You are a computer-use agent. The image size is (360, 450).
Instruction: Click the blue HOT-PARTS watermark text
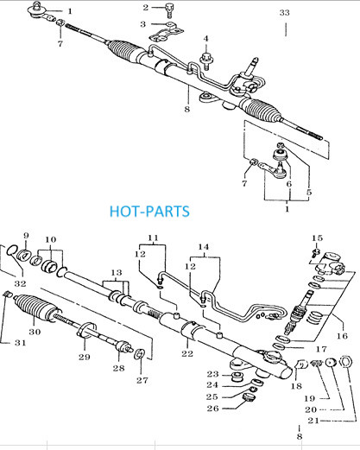pyautogui.click(x=149, y=212)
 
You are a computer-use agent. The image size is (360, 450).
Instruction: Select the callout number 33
pyautogui.click(x=284, y=13)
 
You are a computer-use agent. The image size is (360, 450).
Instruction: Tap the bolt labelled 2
pyautogui.click(x=169, y=10)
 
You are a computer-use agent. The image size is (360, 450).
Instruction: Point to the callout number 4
pyautogui.click(x=205, y=38)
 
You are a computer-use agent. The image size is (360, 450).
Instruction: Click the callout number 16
pyautogui.click(x=342, y=336)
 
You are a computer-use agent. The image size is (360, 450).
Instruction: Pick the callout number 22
pyautogui.click(x=187, y=353)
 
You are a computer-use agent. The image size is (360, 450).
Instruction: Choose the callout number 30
pyautogui.click(x=35, y=332)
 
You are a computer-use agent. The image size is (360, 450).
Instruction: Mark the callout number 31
pyautogui.click(x=21, y=343)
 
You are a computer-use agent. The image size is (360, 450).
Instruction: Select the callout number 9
pyautogui.click(x=26, y=236)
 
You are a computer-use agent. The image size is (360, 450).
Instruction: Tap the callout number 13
pyautogui.click(x=117, y=272)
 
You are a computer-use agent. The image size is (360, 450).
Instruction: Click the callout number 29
pyautogui.click(x=85, y=357)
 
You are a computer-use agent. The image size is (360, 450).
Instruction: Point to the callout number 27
pyautogui.click(x=142, y=380)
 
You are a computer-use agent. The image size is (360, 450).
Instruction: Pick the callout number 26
pyautogui.click(x=212, y=409)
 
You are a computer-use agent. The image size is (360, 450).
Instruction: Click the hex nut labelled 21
pyautogui.click(x=344, y=362)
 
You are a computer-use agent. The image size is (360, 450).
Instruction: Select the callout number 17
pyautogui.click(x=321, y=349)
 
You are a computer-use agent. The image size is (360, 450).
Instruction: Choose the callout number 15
pyautogui.click(x=317, y=238)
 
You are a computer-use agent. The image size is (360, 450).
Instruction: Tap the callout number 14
pyautogui.click(x=204, y=247)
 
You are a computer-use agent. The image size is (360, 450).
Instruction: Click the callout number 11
pyautogui.click(x=153, y=238)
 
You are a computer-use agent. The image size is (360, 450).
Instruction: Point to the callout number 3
pyautogui.click(x=142, y=24)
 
